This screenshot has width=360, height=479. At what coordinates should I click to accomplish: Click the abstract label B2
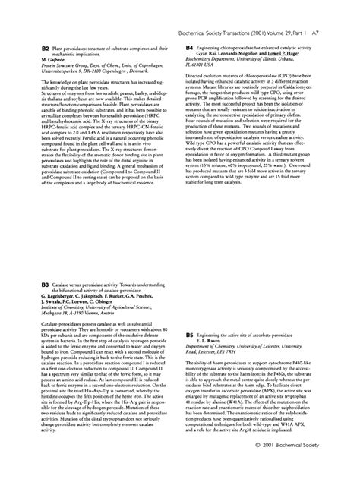35,49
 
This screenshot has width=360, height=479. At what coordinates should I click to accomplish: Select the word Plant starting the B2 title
51,49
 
